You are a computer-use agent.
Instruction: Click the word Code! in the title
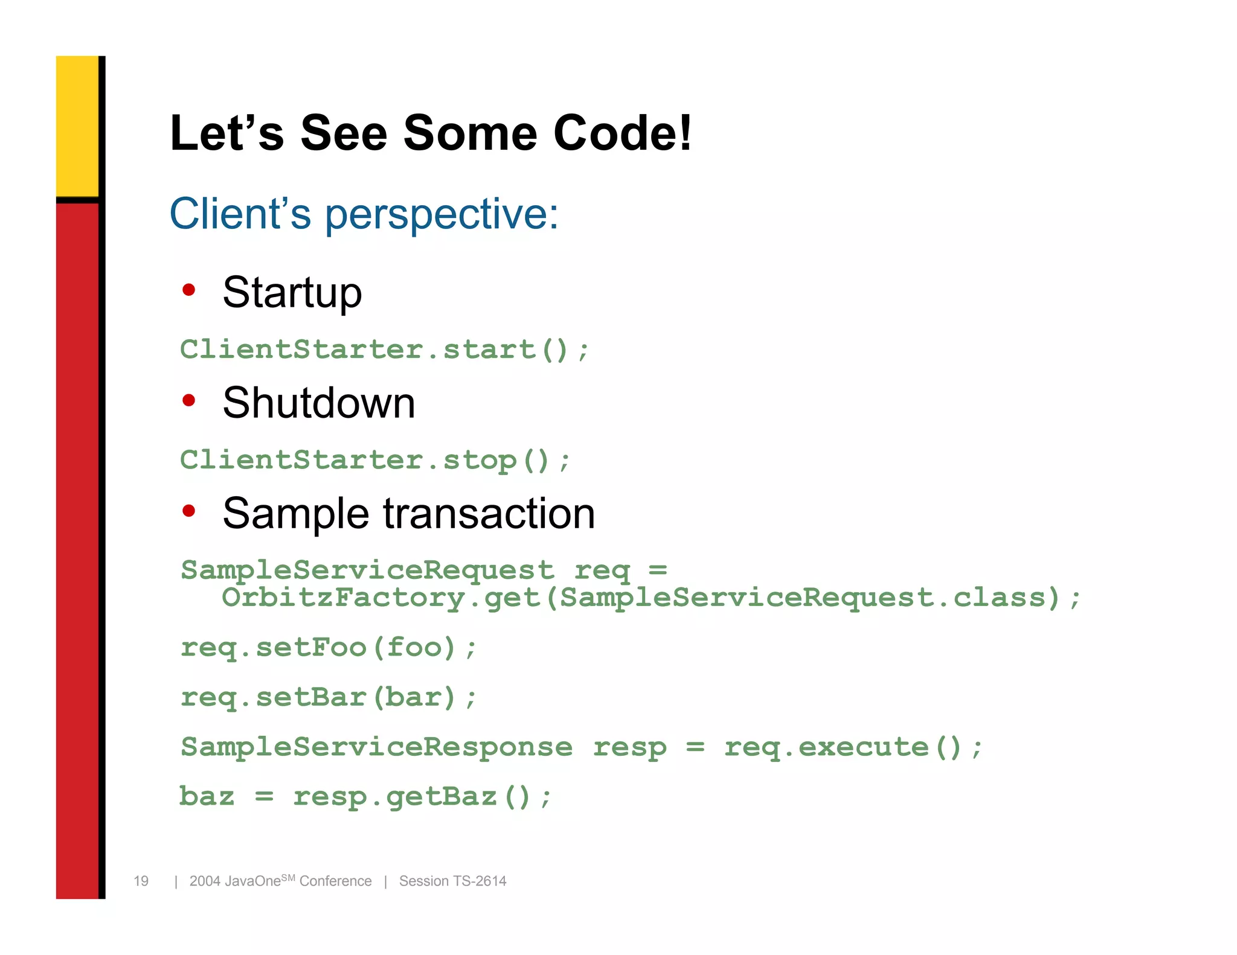(622, 133)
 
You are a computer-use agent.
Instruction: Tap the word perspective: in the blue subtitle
(442, 215)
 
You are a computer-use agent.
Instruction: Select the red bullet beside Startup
(189, 290)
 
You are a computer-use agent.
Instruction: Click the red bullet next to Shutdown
(189, 400)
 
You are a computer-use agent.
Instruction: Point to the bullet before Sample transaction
(189, 511)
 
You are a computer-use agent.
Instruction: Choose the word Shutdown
(319, 403)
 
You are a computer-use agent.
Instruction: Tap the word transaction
(489, 514)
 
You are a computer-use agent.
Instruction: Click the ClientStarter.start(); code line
(384, 350)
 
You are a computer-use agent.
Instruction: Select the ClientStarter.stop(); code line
(374, 461)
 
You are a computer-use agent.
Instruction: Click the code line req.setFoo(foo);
(329, 648)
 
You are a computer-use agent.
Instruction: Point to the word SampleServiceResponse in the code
(376, 747)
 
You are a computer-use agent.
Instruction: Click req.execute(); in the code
(853, 747)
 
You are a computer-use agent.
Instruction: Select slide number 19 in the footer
(141, 881)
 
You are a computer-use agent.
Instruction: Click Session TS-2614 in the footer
(452, 881)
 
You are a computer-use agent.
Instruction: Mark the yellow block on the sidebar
(77, 126)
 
